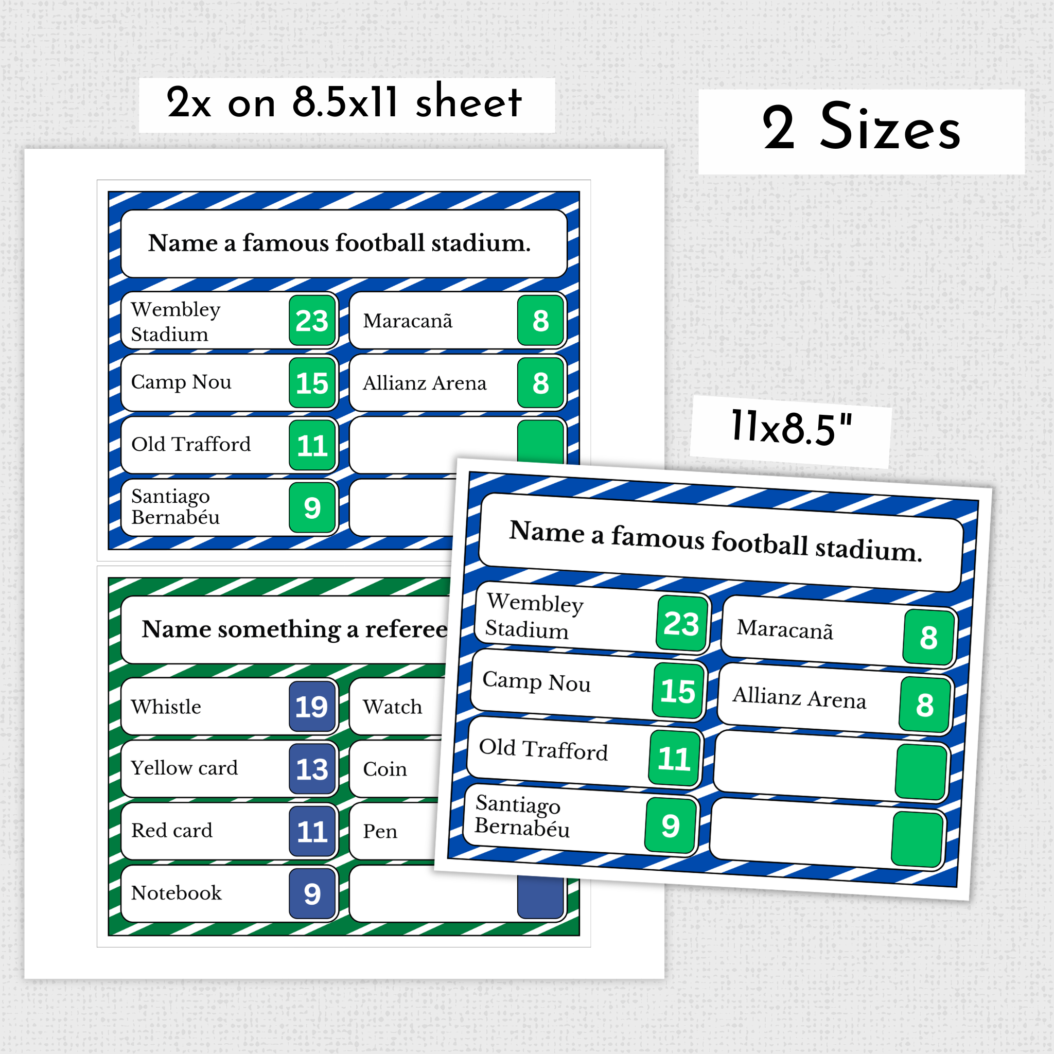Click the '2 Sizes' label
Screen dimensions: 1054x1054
tap(861, 129)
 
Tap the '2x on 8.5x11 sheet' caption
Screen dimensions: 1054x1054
tap(344, 103)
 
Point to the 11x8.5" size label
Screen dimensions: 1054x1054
tap(790, 428)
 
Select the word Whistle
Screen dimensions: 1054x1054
tap(166, 707)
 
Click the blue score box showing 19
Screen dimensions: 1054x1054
tap(311, 707)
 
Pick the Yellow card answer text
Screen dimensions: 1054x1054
tap(184, 768)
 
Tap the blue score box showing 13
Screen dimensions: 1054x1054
tap(311, 769)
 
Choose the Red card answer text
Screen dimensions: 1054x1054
tap(172, 831)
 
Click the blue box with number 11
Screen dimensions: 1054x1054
tap(311, 832)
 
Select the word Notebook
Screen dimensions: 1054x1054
tap(177, 893)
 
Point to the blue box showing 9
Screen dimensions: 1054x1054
tap(311, 893)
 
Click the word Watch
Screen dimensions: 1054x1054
tap(393, 707)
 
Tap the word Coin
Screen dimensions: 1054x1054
tap(385, 769)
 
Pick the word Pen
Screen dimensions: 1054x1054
tap(380, 832)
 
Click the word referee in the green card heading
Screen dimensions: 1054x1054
tap(406, 629)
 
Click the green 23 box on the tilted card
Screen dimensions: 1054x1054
tap(681, 624)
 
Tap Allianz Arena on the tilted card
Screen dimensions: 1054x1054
tap(799, 698)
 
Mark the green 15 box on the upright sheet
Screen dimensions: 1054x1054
tap(311, 383)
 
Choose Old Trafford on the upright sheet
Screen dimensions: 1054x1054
tap(191, 445)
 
